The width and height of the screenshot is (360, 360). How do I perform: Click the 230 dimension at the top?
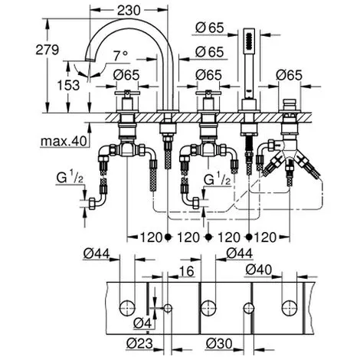129,10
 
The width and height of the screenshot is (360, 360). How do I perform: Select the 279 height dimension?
47,50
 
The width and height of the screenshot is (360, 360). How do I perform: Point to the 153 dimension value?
68,85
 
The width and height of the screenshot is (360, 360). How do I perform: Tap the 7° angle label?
120,56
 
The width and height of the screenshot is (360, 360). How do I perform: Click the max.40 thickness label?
64,141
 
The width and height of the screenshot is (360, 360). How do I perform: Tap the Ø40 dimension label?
259,270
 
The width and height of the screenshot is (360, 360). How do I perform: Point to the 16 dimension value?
187,271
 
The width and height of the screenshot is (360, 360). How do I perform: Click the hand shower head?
249,41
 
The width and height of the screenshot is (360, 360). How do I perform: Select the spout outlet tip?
89,60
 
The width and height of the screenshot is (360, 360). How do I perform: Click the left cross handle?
127,93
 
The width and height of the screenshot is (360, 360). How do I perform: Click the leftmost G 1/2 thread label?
70,178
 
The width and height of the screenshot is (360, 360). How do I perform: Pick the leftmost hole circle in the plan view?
127,308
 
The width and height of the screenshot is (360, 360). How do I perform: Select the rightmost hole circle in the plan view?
290,308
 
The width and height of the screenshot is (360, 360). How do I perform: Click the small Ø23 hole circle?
168,308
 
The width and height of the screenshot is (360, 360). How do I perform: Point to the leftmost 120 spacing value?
151,237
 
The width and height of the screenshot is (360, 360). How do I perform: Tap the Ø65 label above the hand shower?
210,28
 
